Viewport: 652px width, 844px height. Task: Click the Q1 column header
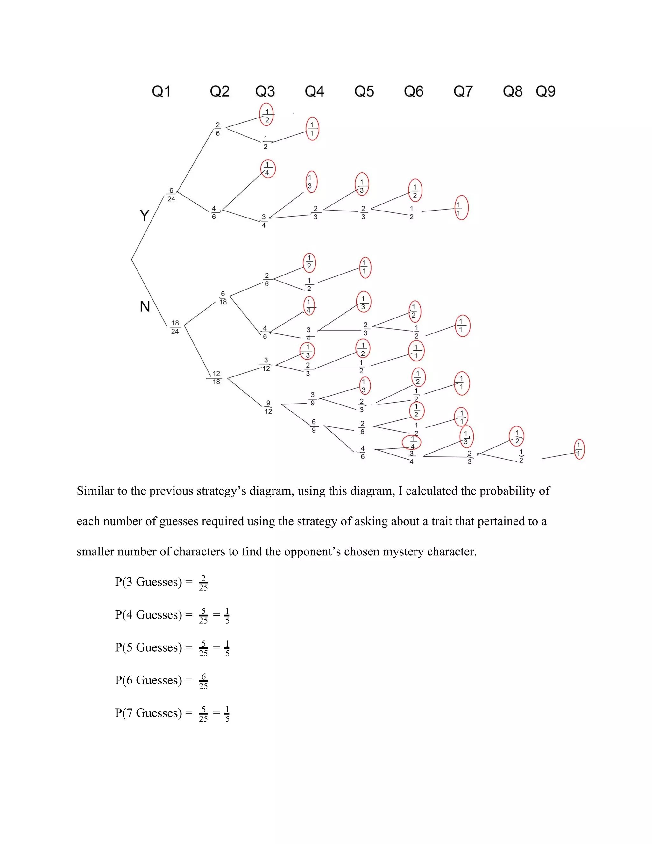coord(161,92)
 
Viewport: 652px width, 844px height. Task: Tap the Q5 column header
coord(364,92)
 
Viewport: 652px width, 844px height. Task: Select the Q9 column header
coord(545,92)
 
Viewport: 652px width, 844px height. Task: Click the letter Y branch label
coord(144,215)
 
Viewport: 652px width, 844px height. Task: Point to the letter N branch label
coord(145,306)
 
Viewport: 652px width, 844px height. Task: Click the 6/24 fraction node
coord(171,195)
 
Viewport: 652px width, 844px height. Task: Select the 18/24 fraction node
coord(175,327)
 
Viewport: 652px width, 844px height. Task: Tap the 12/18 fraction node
coord(216,377)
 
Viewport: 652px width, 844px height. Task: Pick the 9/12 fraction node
coord(268,407)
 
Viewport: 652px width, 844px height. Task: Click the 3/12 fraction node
coord(266,364)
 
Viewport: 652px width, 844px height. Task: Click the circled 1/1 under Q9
coord(578,449)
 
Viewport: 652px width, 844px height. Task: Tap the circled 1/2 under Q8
coord(517,437)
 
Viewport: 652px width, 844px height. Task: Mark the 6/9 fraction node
coord(314,426)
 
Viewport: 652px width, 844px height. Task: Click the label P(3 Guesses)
coord(148,582)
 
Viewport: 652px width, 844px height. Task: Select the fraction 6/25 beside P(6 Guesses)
coord(203,681)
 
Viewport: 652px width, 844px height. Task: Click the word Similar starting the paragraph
coord(96,491)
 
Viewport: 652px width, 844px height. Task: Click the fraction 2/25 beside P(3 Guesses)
coord(203,583)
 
